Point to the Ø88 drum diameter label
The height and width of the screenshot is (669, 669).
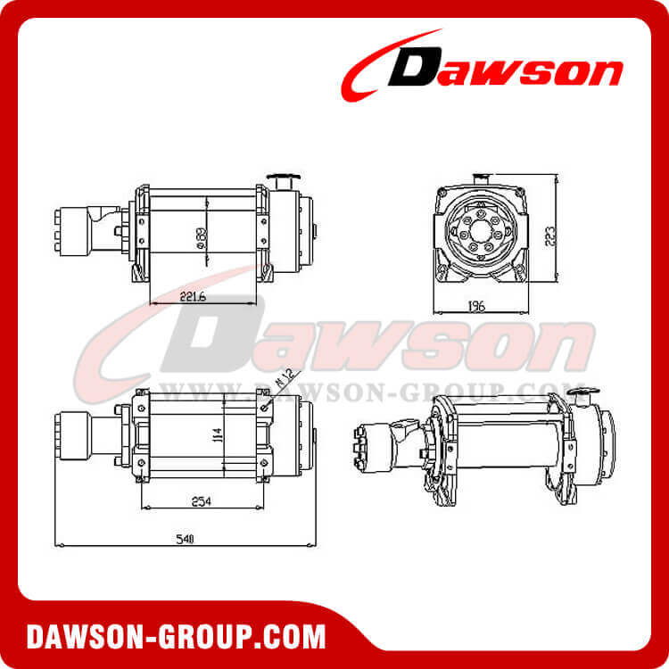(203, 237)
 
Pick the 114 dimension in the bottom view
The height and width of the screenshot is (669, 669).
(215, 435)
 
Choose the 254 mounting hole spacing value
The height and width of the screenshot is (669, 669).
(202, 502)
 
